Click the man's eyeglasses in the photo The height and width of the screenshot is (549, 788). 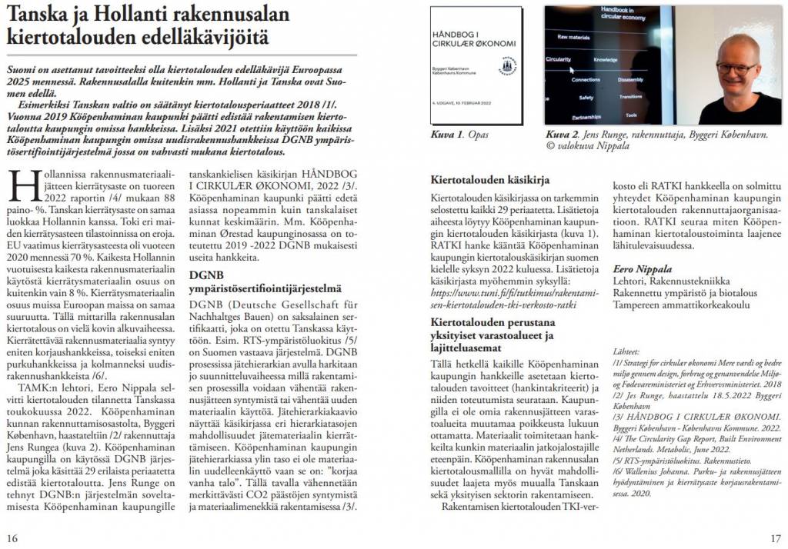point(736,68)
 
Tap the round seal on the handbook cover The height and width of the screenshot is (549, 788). point(507,65)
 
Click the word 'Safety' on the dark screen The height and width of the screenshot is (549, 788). point(586,98)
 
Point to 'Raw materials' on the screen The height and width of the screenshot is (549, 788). point(573,37)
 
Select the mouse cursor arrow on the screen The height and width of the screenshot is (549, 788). point(573,68)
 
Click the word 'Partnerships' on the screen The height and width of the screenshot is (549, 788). point(586,116)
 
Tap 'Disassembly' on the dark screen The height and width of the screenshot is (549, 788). point(629,79)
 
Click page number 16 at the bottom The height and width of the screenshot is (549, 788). point(13,537)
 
